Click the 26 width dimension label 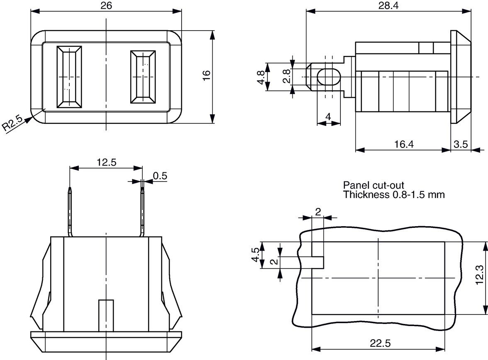[x=106, y=6]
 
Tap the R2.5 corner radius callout [x=12, y=123]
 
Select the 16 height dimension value [x=206, y=75]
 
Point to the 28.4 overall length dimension [x=388, y=6]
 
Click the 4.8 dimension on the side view [x=261, y=77]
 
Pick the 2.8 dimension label [x=286, y=76]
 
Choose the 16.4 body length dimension [x=404, y=144]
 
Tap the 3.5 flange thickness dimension [x=461, y=144]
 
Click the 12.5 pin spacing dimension [x=106, y=162]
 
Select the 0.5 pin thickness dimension [x=160, y=176]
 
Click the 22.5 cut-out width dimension [x=380, y=343]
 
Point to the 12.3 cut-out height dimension [x=480, y=275]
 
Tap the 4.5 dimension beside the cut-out [x=255, y=255]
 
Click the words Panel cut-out [x=374, y=185]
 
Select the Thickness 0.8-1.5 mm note [x=394, y=195]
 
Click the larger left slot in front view [x=69, y=77]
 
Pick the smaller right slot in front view [x=143, y=77]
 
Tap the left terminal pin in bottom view [x=70, y=211]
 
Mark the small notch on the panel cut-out [x=318, y=263]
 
